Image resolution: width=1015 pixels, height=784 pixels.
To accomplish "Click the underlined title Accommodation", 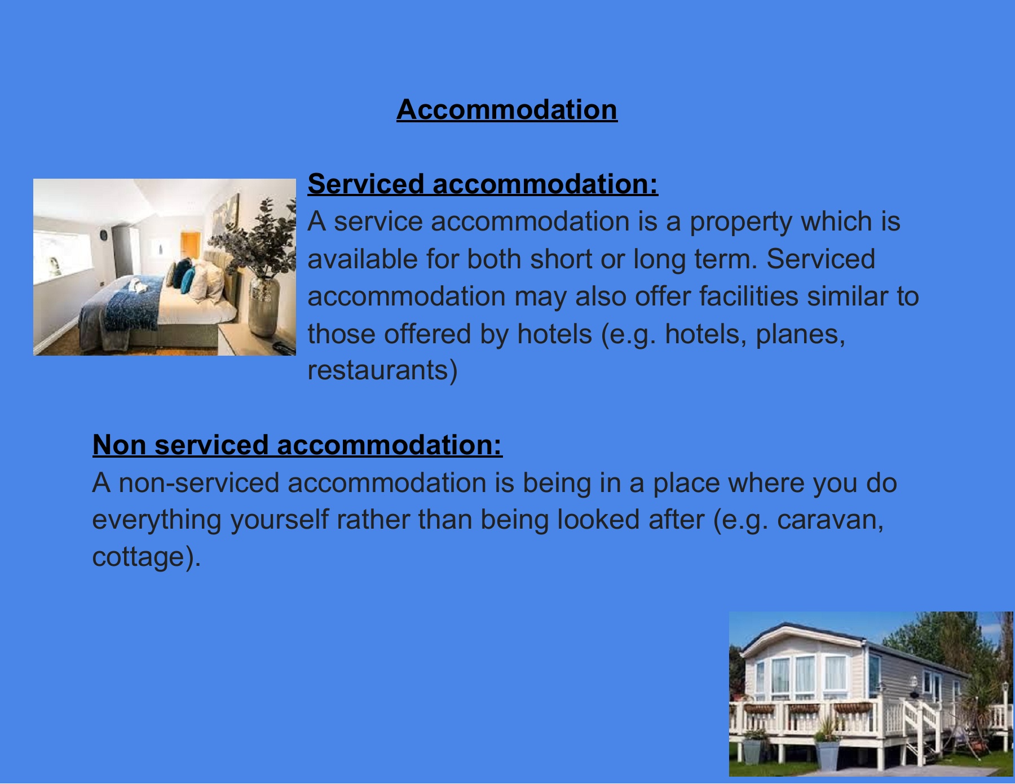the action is pyautogui.click(x=507, y=110).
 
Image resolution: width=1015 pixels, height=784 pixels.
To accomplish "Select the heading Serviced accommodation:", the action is pyautogui.click(x=483, y=184).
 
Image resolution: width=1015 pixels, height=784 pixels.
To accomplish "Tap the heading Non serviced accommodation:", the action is pyautogui.click(x=297, y=445).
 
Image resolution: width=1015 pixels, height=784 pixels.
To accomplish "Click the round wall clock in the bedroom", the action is pyautogui.click(x=103, y=235).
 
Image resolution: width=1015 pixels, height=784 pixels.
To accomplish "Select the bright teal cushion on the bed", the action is pyautogui.click(x=187, y=280).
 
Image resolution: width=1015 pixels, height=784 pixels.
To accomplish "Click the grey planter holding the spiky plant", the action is pyautogui.click(x=827, y=756).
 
